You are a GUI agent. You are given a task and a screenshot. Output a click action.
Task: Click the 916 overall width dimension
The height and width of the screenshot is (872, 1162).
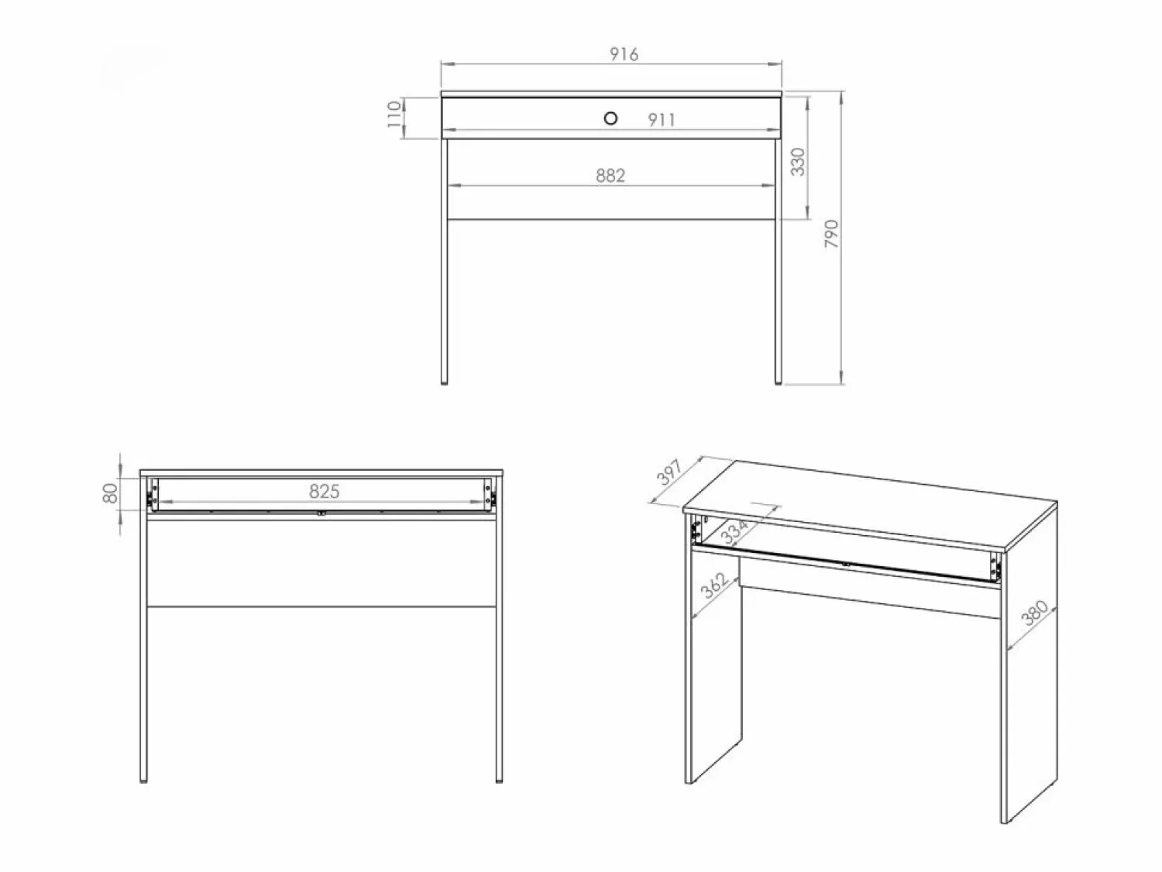point(624,54)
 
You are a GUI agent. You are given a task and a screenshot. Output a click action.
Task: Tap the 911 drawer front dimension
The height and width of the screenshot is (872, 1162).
point(662,120)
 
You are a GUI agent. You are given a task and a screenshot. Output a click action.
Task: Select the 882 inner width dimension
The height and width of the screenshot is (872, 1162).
point(610,176)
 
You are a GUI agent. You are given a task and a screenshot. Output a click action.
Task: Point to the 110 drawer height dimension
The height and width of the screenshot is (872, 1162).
point(394,115)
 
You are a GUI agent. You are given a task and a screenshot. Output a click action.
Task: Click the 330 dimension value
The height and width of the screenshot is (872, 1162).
point(797,162)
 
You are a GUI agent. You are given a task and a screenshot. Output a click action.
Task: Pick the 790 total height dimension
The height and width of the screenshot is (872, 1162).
point(832,234)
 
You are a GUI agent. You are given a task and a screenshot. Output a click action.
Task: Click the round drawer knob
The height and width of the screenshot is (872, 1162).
point(610,118)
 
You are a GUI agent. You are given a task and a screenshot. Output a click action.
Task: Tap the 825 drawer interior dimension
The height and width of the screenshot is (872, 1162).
point(324,492)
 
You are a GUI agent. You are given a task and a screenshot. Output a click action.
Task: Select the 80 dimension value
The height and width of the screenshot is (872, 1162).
point(110,493)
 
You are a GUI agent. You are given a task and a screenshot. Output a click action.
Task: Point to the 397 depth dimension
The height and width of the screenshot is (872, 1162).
point(669,472)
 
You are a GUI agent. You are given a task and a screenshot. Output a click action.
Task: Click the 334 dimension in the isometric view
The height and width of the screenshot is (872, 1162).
point(736,531)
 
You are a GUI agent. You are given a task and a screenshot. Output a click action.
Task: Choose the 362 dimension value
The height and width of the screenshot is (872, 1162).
point(715,585)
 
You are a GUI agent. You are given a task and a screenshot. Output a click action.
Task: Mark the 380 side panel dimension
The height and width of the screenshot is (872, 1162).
point(1034,613)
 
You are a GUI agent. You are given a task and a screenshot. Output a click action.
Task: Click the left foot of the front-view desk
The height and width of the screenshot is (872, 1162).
point(444,382)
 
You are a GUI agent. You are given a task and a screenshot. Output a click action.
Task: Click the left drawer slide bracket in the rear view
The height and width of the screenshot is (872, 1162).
point(153,495)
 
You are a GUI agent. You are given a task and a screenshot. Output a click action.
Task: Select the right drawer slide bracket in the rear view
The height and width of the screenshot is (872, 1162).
point(490,495)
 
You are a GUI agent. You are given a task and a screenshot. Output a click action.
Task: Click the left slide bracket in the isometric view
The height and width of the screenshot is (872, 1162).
point(696,529)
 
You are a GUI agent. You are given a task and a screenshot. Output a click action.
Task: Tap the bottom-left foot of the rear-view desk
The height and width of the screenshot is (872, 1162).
point(143,779)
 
